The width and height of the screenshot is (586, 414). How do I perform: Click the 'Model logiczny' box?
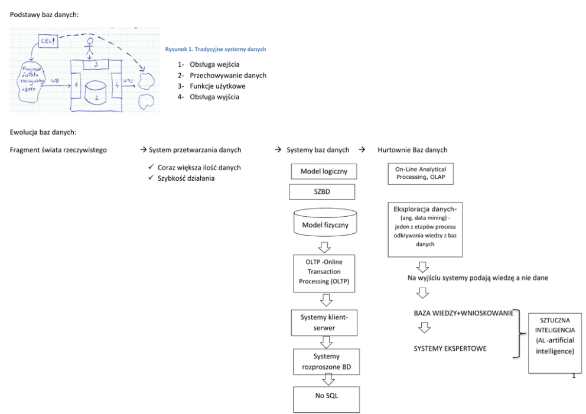pyautogui.click(x=324, y=171)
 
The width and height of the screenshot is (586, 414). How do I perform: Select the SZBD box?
pyautogui.click(x=322, y=192)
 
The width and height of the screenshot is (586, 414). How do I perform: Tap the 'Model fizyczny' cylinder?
pyautogui.click(x=325, y=224)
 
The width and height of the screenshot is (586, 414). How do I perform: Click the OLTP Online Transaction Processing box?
pyautogui.click(x=324, y=272)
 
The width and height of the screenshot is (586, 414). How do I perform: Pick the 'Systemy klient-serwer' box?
pyautogui.click(x=324, y=322)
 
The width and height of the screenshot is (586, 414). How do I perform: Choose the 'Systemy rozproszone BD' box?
pyautogui.click(x=326, y=361)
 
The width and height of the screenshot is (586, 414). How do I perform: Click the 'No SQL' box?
pyautogui.click(x=326, y=399)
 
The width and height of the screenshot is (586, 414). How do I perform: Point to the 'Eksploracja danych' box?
pyautogui.click(x=425, y=230)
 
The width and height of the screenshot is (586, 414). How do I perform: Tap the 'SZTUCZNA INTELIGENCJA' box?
pyautogui.click(x=555, y=343)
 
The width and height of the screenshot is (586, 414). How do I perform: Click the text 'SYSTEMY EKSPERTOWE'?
pyautogui.click(x=450, y=348)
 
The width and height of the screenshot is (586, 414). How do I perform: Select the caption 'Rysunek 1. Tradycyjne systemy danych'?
pyautogui.click(x=216, y=49)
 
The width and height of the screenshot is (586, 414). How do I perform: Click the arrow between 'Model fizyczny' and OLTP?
pyautogui.click(x=324, y=247)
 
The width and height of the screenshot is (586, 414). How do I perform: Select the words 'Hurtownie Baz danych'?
pyautogui.click(x=412, y=150)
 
